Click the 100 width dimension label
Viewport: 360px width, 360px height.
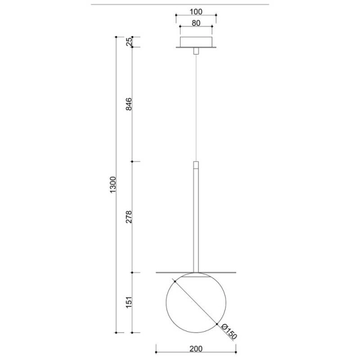(x=195, y=11)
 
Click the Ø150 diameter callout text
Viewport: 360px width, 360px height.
(x=229, y=333)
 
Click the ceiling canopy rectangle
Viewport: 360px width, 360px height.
(x=196, y=42)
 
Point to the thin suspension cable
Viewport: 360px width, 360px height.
(x=196, y=108)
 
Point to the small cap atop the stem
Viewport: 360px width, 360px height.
(x=196, y=164)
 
